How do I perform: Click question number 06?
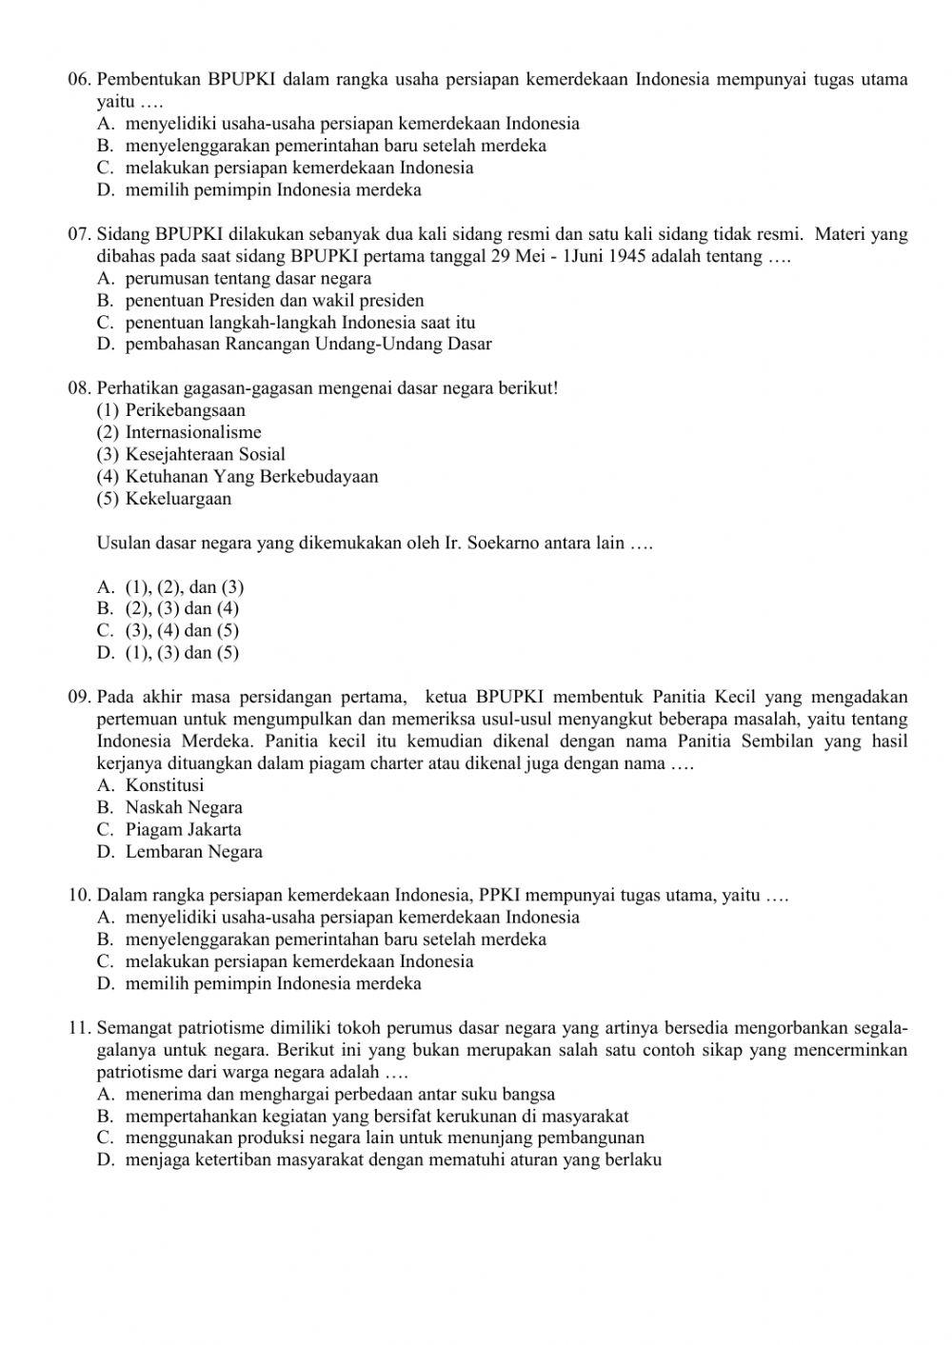[x=80, y=79]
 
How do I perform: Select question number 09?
[x=80, y=698]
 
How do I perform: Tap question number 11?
[x=80, y=1028]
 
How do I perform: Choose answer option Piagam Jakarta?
[x=183, y=829]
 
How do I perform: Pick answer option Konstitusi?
[x=164, y=785]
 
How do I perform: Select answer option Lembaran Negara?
[x=193, y=852]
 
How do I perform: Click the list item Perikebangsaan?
[x=185, y=410]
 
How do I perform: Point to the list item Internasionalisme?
[x=193, y=432]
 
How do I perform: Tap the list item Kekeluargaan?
[x=178, y=499]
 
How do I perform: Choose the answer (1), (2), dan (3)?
[x=184, y=587]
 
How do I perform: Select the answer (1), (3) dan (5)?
[x=182, y=653]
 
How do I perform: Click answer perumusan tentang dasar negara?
[x=248, y=279]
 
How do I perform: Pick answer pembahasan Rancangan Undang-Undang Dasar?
[x=307, y=345]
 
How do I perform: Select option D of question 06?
[x=272, y=189]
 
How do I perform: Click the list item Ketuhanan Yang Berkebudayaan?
[x=251, y=477]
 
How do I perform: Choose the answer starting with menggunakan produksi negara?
[x=385, y=1137]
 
